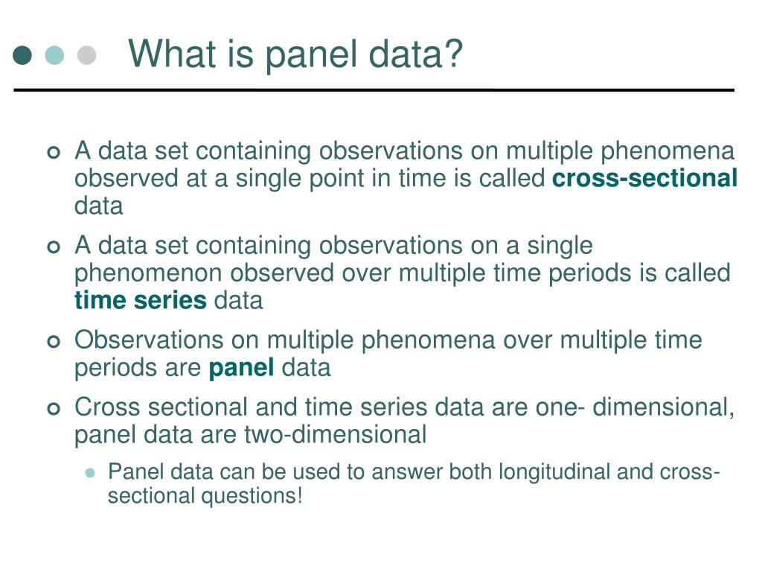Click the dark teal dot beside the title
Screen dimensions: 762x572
(22, 55)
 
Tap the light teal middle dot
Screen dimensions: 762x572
(54, 55)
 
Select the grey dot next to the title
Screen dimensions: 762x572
(86, 55)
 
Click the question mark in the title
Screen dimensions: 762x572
(453, 53)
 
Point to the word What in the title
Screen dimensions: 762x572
(172, 53)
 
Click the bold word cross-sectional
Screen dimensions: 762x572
(645, 178)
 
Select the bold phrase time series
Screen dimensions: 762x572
(141, 300)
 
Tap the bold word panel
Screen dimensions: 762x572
(241, 368)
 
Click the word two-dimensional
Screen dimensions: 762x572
(335, 434)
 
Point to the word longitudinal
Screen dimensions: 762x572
(554, 472)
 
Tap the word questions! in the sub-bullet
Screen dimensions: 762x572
(252, 496)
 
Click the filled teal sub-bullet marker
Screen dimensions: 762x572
(90, 473)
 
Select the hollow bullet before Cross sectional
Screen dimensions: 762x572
(54, 409)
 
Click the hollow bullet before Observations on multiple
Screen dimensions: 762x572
(54, 342)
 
